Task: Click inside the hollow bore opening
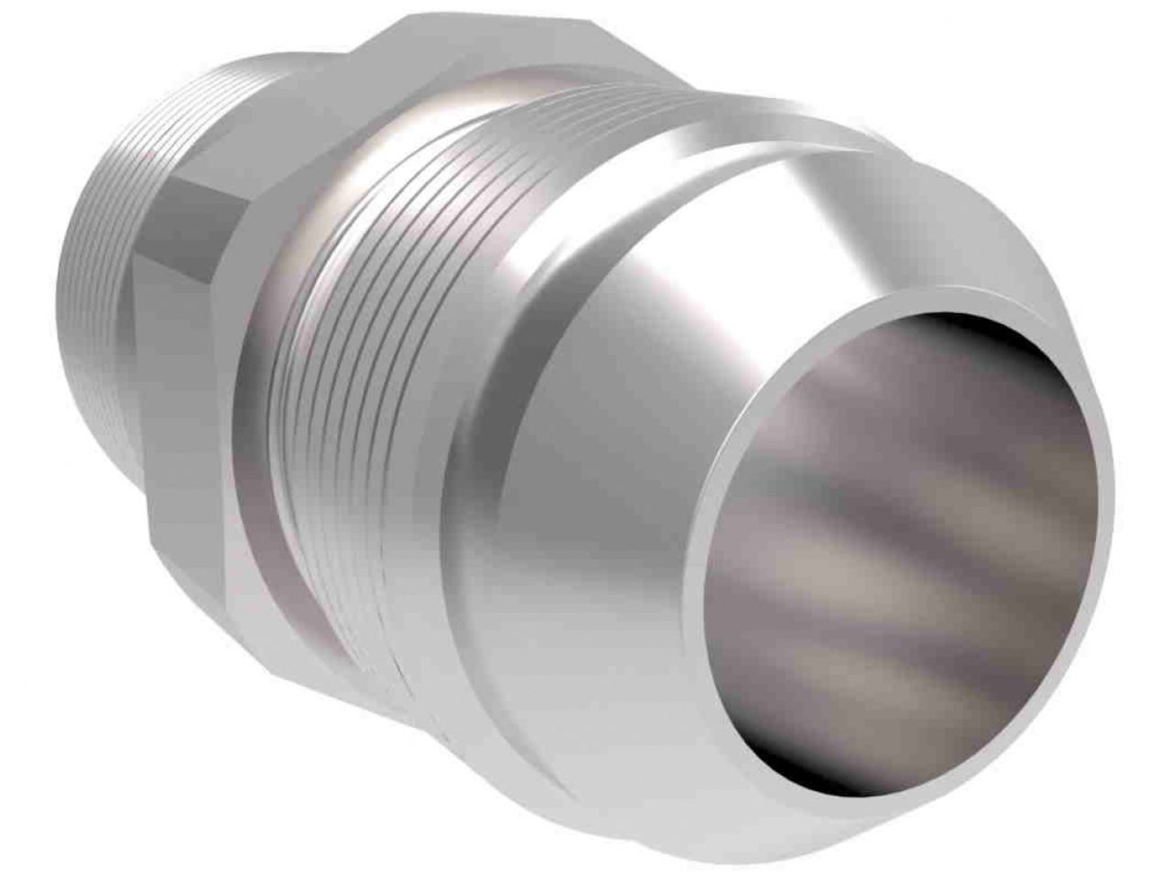tap(906, 549)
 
